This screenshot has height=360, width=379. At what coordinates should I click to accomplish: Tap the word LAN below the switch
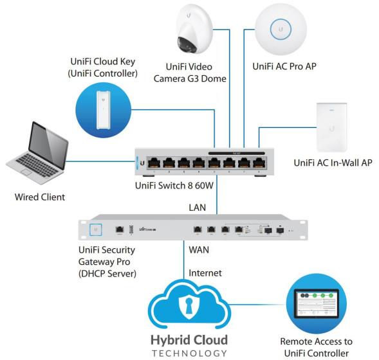click(197, 206)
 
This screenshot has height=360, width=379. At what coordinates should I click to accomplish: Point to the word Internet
click(205, 273)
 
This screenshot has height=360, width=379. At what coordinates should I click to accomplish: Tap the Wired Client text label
click(40, 197)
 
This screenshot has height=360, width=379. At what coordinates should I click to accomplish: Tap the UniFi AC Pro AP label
click(284, 66)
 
